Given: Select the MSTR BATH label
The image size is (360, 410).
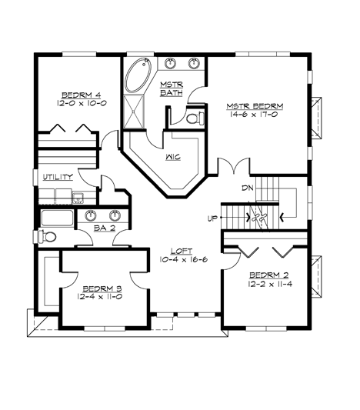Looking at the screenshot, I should click(x=170, y=88).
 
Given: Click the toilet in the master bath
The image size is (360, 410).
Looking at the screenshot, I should click(x=194, y=118).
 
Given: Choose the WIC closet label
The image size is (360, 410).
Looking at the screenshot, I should click(x=172, y=157).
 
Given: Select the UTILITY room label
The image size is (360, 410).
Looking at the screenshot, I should click(x=58, y=177).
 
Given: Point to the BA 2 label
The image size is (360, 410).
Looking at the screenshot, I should click(x=105, y=228).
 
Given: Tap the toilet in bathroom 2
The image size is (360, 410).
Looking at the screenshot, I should click(x=51, y=235).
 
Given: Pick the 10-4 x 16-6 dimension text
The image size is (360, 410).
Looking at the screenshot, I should click(x=181, y=262).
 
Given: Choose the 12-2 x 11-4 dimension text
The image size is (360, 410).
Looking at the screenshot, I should click(x=265, y=284).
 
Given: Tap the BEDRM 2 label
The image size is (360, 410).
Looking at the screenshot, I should click(x=265, y=275).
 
